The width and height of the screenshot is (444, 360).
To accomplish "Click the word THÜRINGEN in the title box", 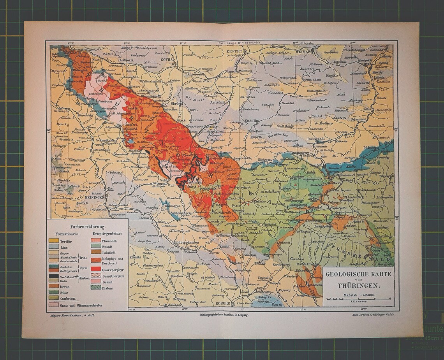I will [358, 284].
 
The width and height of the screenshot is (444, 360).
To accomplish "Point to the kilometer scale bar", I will [358, 299].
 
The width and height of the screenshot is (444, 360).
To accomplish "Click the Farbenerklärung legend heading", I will [87, 226].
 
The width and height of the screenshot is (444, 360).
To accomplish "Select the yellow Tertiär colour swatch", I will [54, 241].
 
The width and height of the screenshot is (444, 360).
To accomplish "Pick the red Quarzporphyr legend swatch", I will [96, 269].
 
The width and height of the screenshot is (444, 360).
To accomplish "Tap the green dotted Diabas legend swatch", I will [96, 287].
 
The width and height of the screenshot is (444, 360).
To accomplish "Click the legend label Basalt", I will [107, 246].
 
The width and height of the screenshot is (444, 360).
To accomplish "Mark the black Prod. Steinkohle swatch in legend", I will [54, 276].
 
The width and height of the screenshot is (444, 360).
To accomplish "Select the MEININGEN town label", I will [96, 197].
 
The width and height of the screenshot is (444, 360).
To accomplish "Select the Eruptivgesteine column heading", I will [107, 234].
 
